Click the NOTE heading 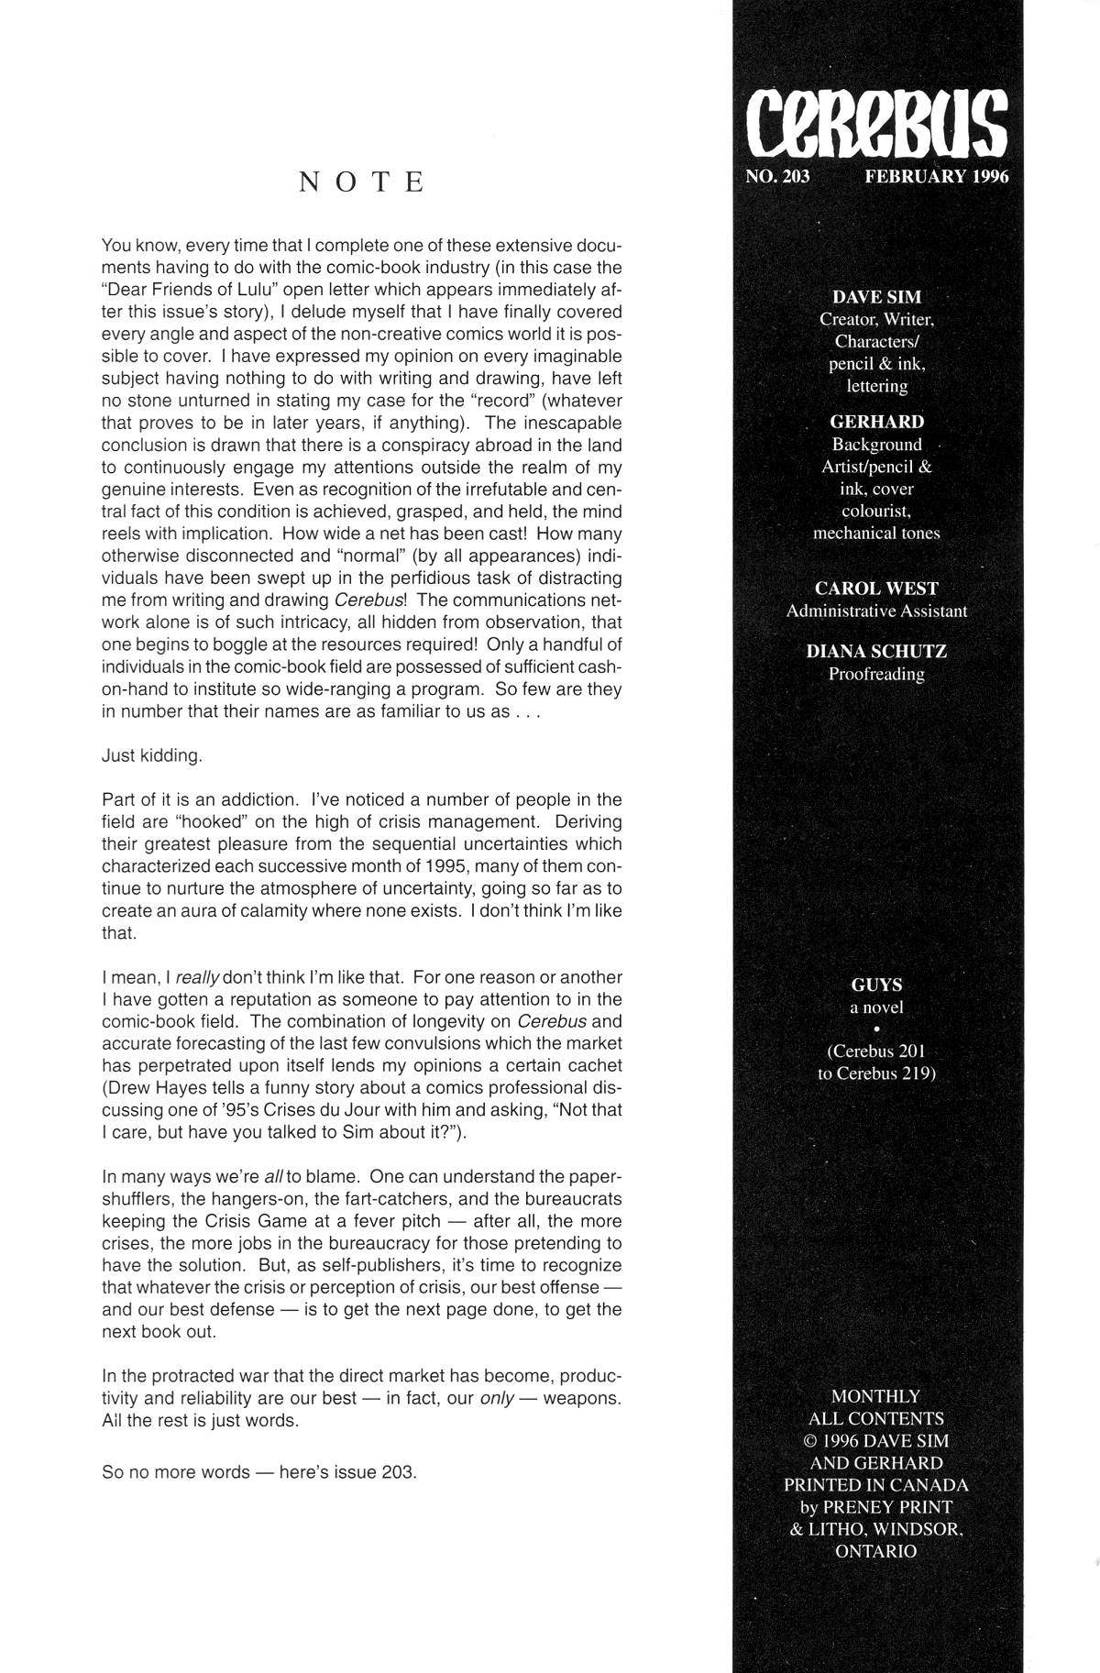pos(363,182)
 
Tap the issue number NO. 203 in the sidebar pos(778,177)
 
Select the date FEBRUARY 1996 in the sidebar pos(936,177)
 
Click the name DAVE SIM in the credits pos(876,297)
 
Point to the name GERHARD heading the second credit pos(876,422)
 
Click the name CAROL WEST pos(876,589)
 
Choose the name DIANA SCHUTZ pos(876,652)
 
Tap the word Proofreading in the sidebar pos(876,675)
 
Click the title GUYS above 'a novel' pos(876,985)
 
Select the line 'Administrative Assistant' pos(876,611)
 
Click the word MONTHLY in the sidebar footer pos(875,1396)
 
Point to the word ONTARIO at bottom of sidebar pos(875,1552)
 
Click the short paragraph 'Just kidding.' pos(151,756)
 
